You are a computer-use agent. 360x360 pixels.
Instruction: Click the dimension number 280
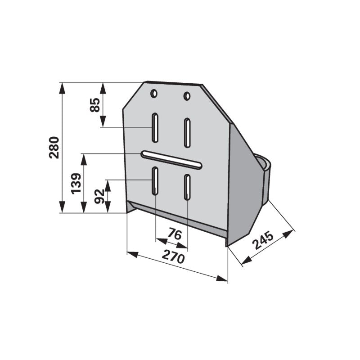[x=54, y=148]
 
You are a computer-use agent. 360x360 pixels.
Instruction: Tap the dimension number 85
[x=95, y=105]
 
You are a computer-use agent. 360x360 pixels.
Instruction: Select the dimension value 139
[x=76, y=184]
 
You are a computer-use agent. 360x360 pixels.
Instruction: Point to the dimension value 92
[x=99, y=196]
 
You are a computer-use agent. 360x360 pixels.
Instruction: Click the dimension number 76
[x=175, y=234]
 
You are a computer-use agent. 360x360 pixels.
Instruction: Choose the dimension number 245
[x=263, y=241]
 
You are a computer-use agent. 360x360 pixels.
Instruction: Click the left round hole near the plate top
[x=154, y=94]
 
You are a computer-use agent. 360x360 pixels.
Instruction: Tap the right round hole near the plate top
[x=187, y=96]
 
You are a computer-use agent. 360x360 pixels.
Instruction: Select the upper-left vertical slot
[x=155, y=128]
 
